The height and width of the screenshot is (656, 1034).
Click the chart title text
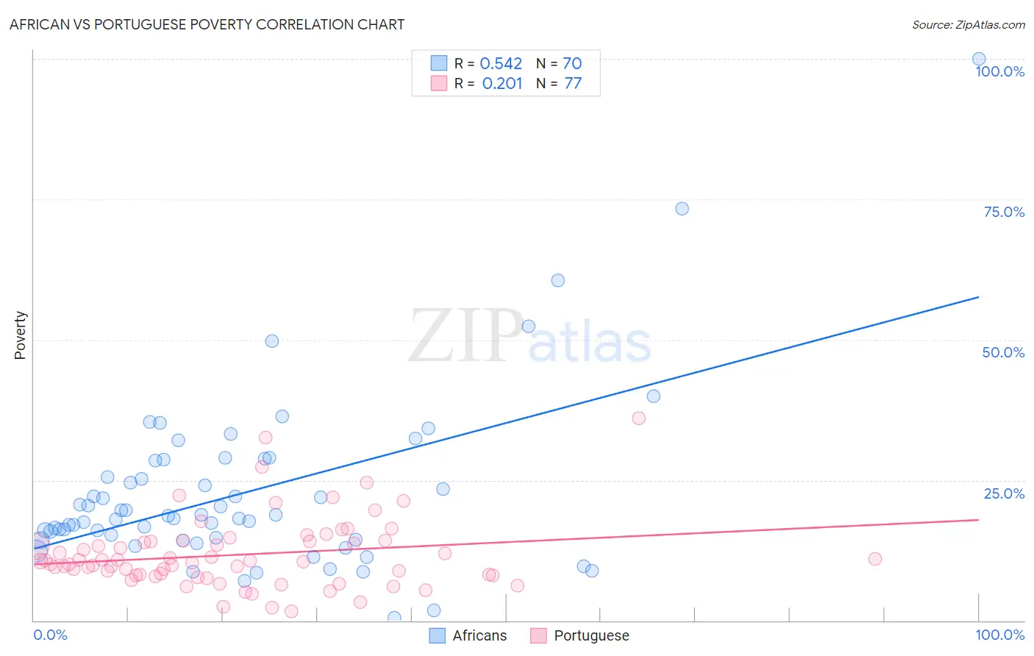point(207,24)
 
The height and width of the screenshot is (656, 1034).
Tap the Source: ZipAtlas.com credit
point(968,24)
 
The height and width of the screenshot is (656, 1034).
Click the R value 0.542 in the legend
point(501,64)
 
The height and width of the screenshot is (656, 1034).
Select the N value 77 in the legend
point(573,84)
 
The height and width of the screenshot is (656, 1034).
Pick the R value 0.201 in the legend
point(502,84)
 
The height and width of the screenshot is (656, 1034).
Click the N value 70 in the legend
point(572,64)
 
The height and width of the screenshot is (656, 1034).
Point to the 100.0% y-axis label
point(999,71)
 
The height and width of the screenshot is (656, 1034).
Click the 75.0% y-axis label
point(1004,212)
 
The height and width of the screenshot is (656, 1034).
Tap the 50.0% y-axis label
point(1003,352)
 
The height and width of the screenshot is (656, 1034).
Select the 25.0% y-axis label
point(1004,493)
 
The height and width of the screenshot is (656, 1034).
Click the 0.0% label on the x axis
point(50,635)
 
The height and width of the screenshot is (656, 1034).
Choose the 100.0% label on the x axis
point(999,635)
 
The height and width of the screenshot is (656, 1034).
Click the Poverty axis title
point(20,335)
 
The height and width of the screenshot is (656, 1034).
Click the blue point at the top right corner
point(979,59)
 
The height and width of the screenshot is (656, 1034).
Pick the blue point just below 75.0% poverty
point(682,209)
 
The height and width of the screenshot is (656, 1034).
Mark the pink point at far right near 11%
point(875,559)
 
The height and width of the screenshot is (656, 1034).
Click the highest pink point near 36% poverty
point(638,418)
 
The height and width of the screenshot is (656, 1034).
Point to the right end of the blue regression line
point(978,297)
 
